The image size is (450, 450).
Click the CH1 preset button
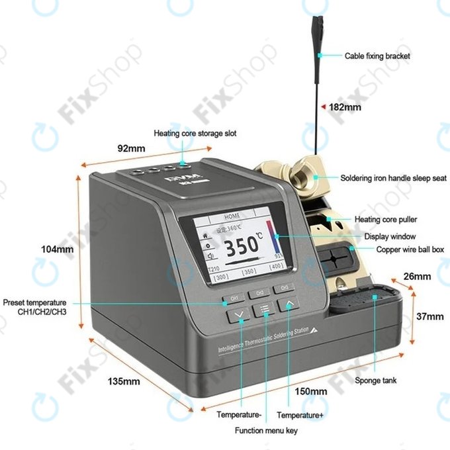[234, 298]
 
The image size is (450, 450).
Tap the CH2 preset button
[259, 292]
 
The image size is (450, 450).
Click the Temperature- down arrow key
[240, 315]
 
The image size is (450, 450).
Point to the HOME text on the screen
[232, 216]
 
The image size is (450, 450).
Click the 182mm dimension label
[345, 107]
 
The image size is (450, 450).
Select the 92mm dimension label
[131, 148]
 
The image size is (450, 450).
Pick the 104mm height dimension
[57, 249]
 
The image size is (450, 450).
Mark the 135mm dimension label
[124, 381]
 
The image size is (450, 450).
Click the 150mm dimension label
[311, 391]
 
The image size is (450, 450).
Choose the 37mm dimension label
[430, 316]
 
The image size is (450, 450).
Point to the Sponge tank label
[376, 381]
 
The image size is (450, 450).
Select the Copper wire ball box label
[410, 249]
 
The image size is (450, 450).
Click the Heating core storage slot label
[195, 133]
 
